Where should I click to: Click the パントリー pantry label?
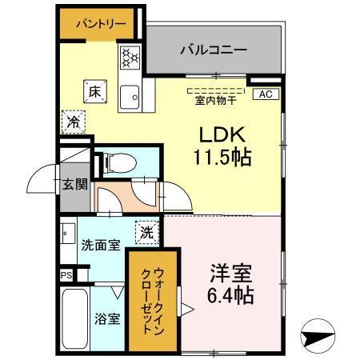[101, 24]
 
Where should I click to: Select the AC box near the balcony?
[266, 94]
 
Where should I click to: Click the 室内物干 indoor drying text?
[215, 101]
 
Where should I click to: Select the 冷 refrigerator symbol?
[72, 122]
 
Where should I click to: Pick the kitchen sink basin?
[129, 97]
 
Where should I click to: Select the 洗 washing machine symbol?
[147, 232]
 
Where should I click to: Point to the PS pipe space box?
[66, 274]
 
